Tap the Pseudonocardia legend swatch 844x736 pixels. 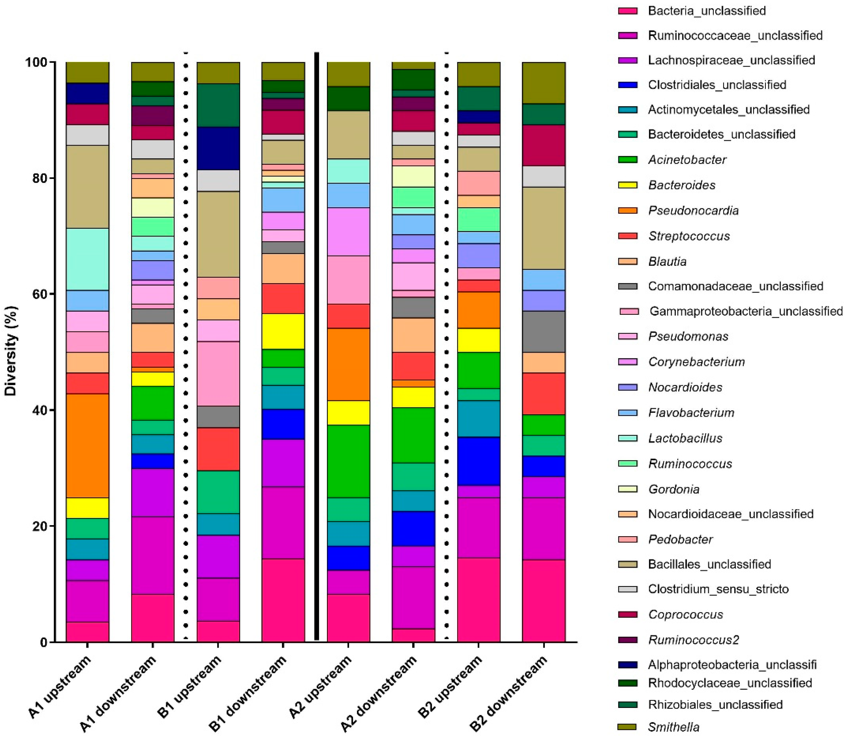point(628,211)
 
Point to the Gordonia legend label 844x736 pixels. point(674,489)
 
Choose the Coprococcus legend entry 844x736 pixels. point(685,614)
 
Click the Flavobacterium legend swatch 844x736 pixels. point(628,413)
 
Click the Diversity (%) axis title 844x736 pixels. point(11,351)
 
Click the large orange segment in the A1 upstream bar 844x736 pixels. point(87,446)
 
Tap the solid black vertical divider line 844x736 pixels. point(317,345)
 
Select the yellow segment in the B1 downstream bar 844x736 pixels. point(283,331)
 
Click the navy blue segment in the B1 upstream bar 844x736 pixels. point(218,148)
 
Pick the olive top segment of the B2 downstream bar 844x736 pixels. point(543,83)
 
